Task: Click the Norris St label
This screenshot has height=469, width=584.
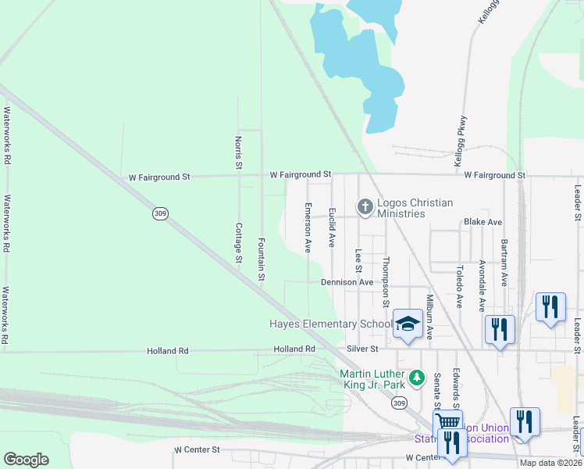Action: tap(239, 152)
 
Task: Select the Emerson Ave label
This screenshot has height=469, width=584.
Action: tap(308, 227)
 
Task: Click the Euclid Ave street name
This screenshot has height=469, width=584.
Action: tap(332, 228)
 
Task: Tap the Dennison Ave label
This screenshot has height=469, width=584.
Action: tap(347, 282)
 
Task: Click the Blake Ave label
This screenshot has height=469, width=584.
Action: tap(483, 222)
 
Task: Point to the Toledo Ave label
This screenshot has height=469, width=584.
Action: tap(460, 286)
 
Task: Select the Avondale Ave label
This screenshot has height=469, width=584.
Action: tap(483, 286)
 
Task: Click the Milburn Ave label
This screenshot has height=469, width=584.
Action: tap(429, 317)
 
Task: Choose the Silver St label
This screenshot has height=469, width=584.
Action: tap(362, 349)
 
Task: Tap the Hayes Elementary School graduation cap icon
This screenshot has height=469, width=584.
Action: tap(408, 324)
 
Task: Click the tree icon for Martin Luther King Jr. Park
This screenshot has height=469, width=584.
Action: tap(417, 378)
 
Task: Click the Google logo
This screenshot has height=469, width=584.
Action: tap(26, 460)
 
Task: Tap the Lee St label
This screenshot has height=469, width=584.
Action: tap(359, 258)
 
